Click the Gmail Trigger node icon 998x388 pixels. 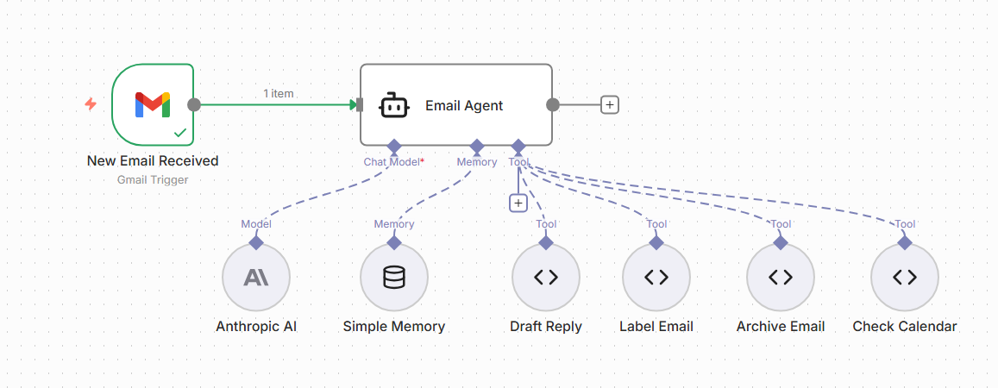coord(153,104)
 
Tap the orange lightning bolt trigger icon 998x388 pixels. coord(91,104)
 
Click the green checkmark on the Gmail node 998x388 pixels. coord(180,133)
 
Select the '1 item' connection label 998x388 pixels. coord(278,93)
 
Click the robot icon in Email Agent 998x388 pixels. coord(394,105)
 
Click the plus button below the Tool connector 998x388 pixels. coord(518,203)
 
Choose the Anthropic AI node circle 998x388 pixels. coord(256,278)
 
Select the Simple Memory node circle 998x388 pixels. coord(394,278)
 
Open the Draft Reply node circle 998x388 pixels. coord(546,278)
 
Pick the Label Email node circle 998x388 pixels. coord(656,278)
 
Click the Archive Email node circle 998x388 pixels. coord(781,278)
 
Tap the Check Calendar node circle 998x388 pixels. coord(905,278)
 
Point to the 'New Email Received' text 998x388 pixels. coord(153,160)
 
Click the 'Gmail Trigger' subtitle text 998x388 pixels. coord(153,179)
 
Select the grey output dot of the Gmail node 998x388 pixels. coord(194,104)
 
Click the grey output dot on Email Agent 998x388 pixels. coord(553,104)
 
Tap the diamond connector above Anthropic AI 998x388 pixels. coord(256,242)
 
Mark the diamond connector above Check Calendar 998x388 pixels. coord(905,242)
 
